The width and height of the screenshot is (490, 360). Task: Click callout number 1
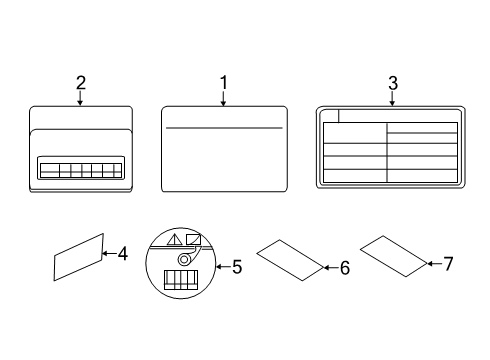[224, 82]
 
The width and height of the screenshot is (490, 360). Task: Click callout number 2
[81, 83]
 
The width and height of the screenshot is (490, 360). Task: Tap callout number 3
[393, 83]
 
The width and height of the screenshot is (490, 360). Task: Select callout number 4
[122, 254]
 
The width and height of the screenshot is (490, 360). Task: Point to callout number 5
[237, 267]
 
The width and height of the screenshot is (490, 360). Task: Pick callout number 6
[345, 268]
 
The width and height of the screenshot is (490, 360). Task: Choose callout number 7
[448, 264]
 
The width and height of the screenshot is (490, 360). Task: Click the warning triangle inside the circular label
[175, 240]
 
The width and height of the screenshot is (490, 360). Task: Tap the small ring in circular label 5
[184, 259]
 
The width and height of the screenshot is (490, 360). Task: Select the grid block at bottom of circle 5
[181, 280]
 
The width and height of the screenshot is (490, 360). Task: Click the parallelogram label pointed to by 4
[79, 257]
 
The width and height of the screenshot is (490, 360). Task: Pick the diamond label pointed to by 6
[290, 260]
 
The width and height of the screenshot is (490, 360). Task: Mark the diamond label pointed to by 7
[394, 256]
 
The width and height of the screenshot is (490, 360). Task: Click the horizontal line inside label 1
[224, 128]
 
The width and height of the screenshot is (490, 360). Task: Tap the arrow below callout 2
[80, 98]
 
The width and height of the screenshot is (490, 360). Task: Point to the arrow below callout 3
[392, 99]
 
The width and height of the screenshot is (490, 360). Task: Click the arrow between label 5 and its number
[223, 267]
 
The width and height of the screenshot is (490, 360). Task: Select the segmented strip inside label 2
[81, 170]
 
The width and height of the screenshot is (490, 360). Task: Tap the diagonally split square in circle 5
[194, 239]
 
